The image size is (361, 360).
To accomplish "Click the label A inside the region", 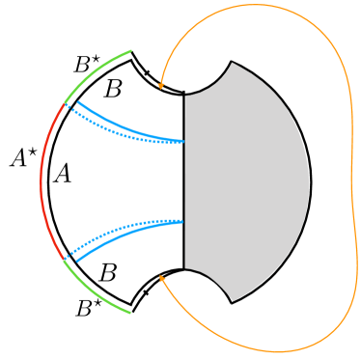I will (63, 175).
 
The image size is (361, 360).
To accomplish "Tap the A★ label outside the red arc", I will (24, 158).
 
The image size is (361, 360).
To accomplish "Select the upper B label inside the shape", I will (113, 90).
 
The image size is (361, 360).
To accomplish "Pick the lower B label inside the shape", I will (109, 271).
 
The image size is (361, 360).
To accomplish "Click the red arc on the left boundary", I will (42, 180).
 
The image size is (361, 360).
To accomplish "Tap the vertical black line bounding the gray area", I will (183, 183).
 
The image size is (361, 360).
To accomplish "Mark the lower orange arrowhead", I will (161, 277).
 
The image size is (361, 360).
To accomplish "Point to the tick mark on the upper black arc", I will (147, 73).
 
